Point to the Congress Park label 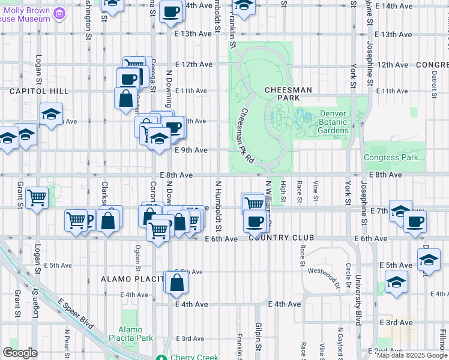coord(390,157)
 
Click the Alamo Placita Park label coord(139,334)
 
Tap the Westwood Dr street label coord(324,277)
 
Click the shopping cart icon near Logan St coord(37,197)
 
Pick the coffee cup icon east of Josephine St coord(415,223)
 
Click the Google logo coord(20,353)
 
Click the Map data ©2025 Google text coord(412,355)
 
